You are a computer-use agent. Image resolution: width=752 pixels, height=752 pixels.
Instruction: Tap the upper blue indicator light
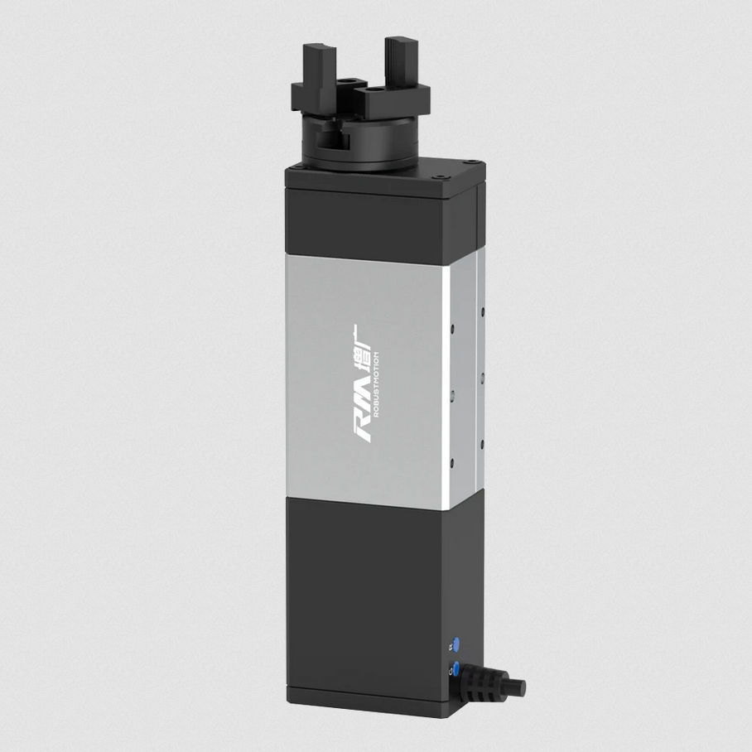click(x=454, y=644)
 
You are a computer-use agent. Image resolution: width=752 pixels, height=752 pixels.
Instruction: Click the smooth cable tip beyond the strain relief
click(x=517, y=687)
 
